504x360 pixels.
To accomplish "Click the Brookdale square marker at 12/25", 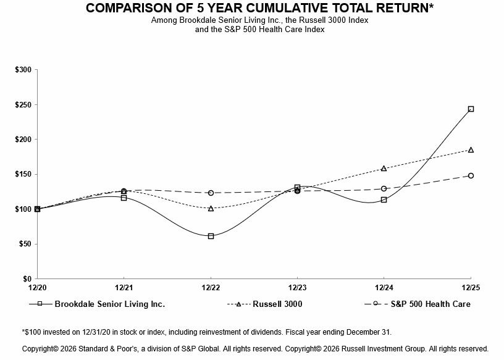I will point(471,109).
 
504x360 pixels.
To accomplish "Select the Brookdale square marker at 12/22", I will point(211,236).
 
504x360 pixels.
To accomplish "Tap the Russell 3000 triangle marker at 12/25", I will point(471,149).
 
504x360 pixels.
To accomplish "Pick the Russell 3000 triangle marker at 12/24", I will point(384,168).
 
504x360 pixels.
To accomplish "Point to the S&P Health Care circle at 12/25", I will point(471,175).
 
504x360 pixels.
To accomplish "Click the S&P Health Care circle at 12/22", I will point(211,193).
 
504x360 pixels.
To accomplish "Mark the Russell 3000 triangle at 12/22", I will point(211,208).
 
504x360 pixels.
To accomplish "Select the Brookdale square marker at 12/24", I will point(384,199).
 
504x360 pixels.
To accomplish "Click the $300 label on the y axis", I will point(23,70).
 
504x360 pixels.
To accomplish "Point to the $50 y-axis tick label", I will point(25,244).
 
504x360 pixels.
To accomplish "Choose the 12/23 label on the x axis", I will point(297,288).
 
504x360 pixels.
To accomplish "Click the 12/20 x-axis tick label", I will point(37,288).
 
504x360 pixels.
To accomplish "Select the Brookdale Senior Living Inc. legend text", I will point(109,304).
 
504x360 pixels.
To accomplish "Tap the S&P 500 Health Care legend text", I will point(430,304).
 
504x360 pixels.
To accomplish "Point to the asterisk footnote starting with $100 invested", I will point(206,332).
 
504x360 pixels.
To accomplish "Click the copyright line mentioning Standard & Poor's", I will point(255,349).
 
